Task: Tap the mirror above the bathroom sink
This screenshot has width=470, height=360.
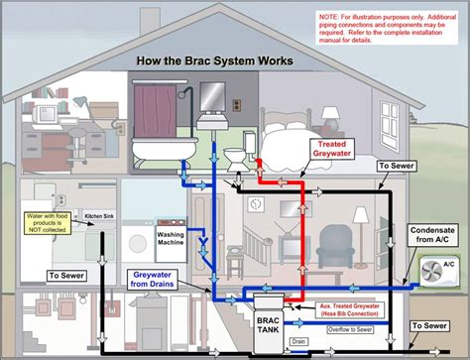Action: tap(213, 96)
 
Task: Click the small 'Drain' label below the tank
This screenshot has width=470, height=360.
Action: tap(300, 340)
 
